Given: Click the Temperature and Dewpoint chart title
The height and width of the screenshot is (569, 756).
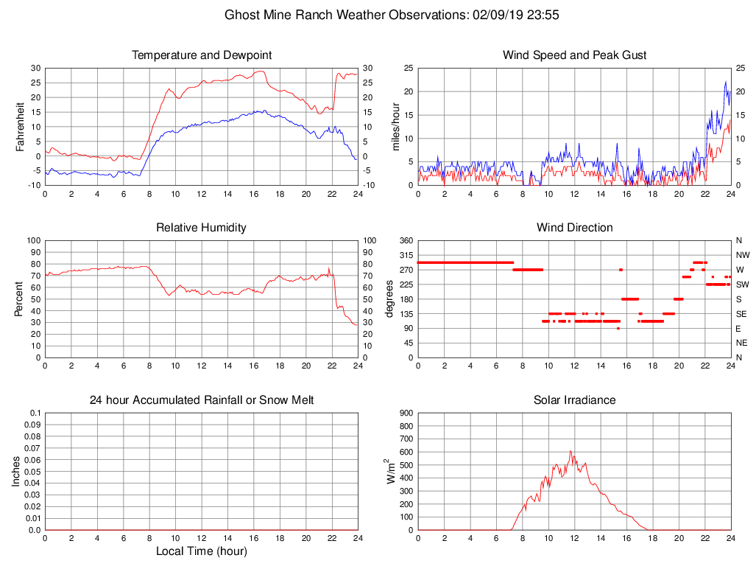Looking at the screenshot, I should tap(202, 55).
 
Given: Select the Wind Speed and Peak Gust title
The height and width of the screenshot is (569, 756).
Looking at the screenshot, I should tap(574, 55).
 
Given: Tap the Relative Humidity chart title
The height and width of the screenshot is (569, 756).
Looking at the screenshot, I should tap(202, 228).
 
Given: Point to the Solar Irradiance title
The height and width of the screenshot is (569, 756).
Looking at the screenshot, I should tap(574, 400).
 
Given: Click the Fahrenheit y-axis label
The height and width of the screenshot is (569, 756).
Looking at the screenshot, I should tap(21, 127).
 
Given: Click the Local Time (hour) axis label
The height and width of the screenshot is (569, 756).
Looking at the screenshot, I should tap(202, 551).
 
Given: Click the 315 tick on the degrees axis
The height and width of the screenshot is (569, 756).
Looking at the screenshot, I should tap(404, 255).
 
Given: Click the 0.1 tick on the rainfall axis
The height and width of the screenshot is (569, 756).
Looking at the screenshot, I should tap(33, 413).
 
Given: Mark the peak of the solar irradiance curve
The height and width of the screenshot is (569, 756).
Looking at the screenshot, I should tap(570, 451).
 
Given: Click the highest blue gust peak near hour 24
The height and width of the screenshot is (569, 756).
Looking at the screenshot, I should tap(725, 82).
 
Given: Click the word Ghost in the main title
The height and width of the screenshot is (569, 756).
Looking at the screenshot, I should tap(241, 15).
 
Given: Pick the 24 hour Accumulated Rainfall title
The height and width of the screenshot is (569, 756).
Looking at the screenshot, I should tap(202, 400).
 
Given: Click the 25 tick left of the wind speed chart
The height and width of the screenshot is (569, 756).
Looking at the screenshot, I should tap(406, 68).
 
